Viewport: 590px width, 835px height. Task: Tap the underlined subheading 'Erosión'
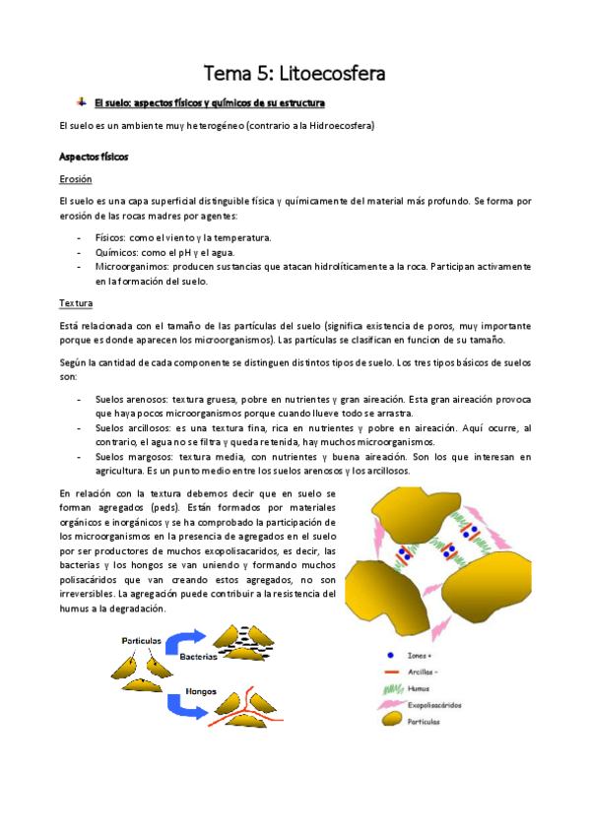pyautogui.click(x=76, y=179)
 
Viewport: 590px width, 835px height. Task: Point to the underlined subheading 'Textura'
pyautogui.click(x=75, y=303)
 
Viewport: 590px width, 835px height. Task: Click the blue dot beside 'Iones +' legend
pyautogui.click(x=391, y=655)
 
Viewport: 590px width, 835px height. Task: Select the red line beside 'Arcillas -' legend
pyautogui.click(x=392, y=673)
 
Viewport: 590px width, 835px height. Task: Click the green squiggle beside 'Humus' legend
pyautogui.click(x=392, y=689)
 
